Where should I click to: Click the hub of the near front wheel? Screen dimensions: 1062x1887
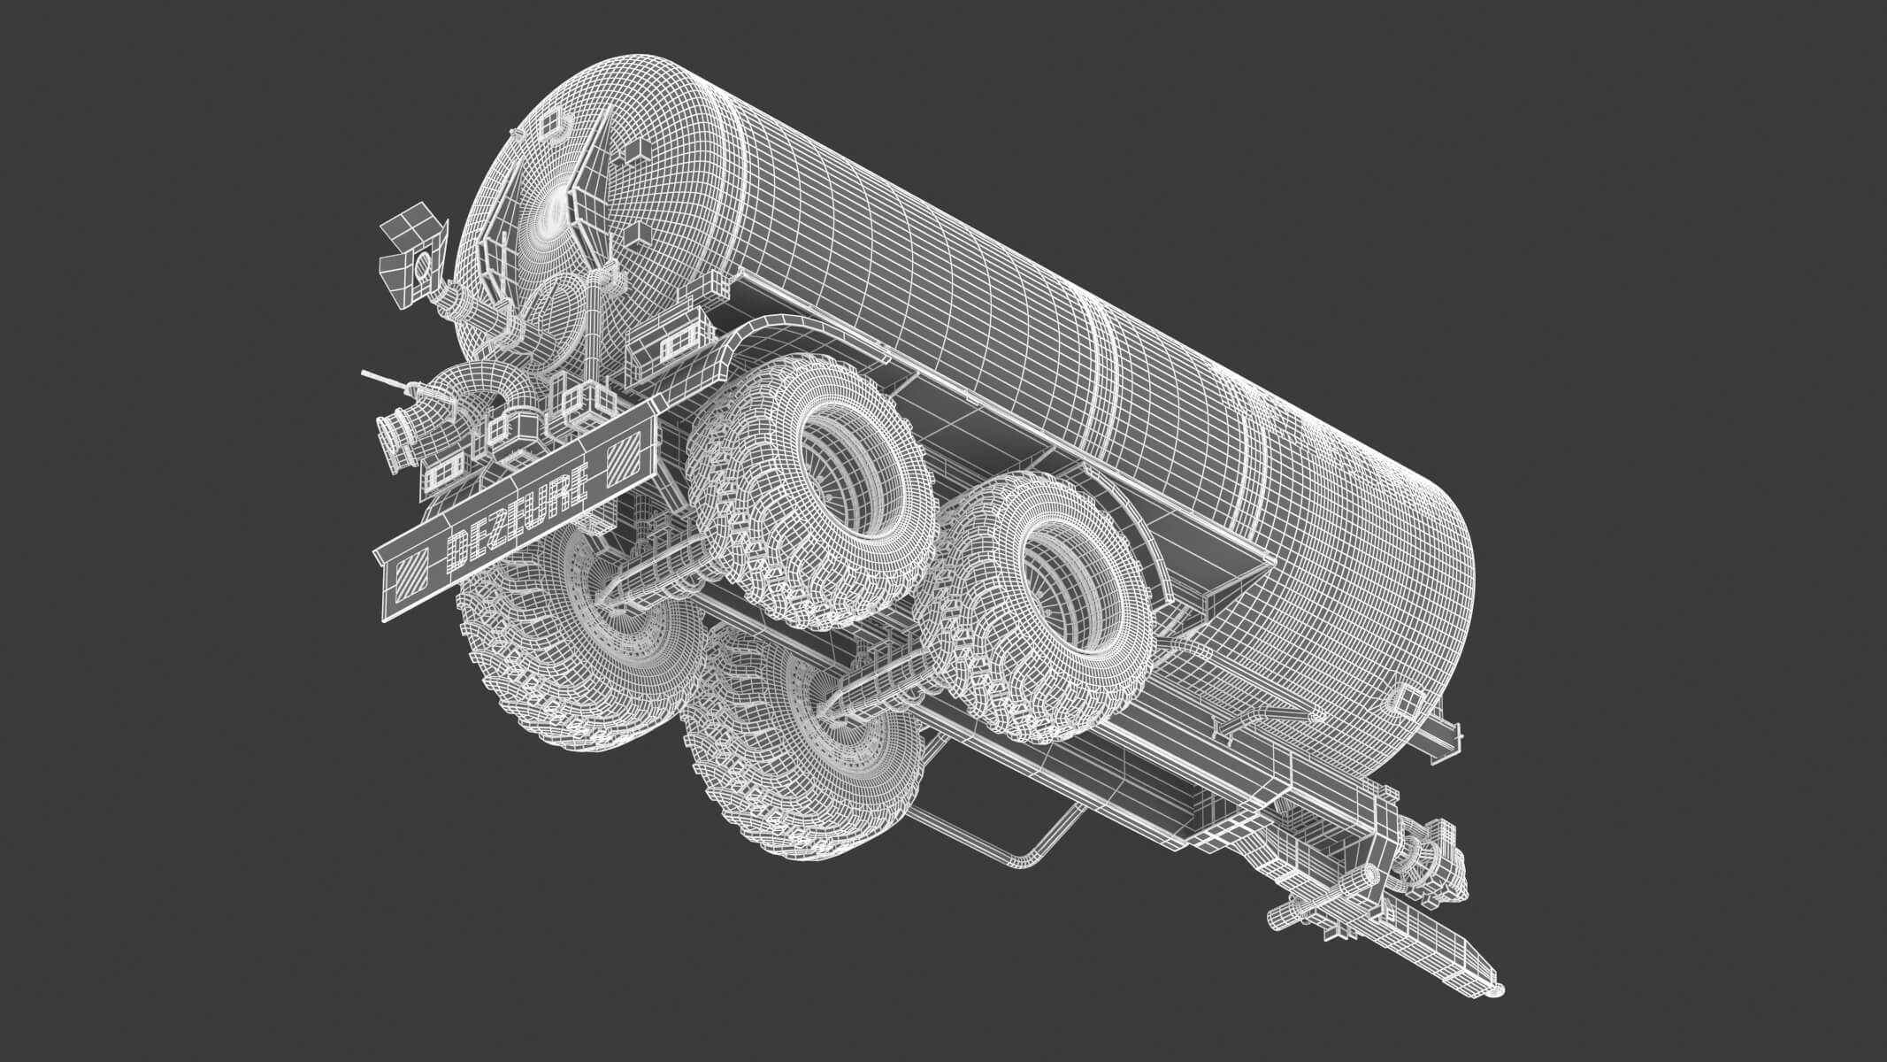tap(1078, 592)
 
